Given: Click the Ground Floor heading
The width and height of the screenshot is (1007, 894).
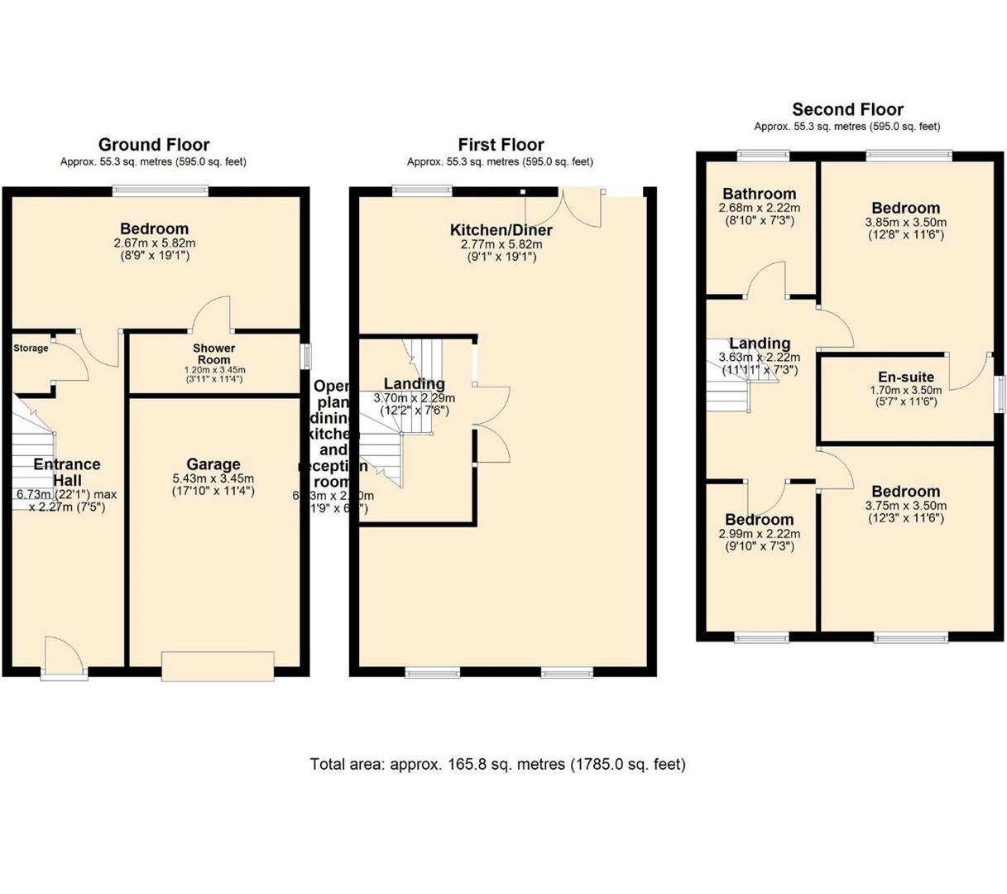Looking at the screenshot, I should [x=154, y=145].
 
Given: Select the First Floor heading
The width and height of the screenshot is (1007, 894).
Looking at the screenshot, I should [x=501, y=145].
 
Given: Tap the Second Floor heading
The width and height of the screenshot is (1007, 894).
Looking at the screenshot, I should [x=847, y=109].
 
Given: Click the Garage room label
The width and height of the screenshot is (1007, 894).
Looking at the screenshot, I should [x=213, y=464].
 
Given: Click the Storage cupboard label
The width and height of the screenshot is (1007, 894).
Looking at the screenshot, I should [x=31, y=348].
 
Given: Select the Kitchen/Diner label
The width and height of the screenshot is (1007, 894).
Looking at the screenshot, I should [x=501, y=230].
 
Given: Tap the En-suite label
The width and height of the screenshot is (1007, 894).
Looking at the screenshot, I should [x=906, y=377].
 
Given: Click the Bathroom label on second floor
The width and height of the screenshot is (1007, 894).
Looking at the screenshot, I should [x=759, y=194].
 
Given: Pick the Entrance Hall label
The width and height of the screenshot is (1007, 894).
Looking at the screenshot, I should [x=66, y=472].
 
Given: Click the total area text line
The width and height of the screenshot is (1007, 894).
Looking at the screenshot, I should [x=497, y=764].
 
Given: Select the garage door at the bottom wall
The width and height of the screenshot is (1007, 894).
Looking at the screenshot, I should [x=218, y=666].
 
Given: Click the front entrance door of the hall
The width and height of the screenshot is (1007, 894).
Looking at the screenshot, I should [x=64, y=658].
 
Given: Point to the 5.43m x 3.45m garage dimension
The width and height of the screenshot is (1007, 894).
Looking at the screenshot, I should [x=213, y=479].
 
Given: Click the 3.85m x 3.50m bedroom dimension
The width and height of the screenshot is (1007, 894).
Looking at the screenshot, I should [x=905, y=223].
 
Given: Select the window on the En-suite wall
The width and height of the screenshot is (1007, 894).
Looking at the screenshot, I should [x=1000, y=392].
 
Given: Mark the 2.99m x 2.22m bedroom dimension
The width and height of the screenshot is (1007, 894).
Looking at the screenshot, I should [x=759, y=534].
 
